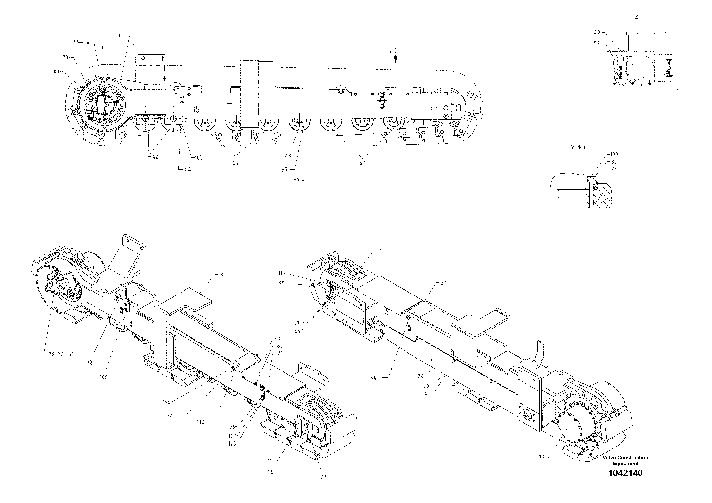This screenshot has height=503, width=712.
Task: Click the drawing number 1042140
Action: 625,482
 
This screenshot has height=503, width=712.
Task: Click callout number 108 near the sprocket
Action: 55,72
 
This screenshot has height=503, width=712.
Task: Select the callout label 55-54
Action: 82,43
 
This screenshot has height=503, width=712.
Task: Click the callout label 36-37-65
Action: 61,354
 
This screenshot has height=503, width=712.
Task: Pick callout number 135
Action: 166,402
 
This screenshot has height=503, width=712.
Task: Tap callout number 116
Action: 281,273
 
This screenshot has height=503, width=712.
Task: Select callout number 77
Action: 323,477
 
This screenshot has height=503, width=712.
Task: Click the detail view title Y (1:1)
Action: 578,148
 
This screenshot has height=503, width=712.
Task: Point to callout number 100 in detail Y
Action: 613,154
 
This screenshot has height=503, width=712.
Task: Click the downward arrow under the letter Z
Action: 395,59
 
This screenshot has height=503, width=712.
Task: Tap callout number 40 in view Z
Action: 597,32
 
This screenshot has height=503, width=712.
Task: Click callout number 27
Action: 443,283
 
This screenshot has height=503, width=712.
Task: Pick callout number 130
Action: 200,422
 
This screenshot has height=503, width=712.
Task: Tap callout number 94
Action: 373,378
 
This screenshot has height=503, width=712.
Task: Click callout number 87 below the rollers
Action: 284,169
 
